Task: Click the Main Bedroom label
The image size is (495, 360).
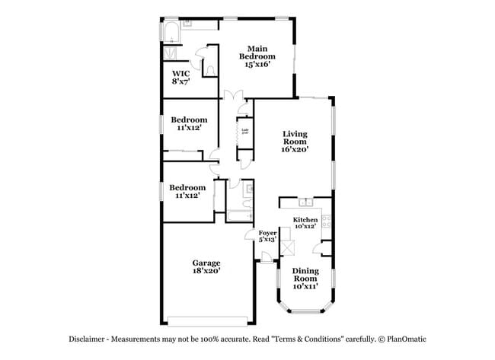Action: [x=257, y=57]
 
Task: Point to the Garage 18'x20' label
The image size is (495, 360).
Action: [x=206, y=266]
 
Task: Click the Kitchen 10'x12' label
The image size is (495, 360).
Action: [x=305, y=223]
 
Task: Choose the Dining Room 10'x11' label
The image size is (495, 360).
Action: [x=306, y=278]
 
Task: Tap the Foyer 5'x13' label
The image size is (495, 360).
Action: [x=267, y=236]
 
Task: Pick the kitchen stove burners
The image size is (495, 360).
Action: [x=326, y=221]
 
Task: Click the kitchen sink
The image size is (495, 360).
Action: [x=306, y=202]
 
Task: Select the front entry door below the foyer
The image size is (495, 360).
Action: [x=267, y=261]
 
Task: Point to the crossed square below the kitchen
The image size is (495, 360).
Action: [x=288, y=248]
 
